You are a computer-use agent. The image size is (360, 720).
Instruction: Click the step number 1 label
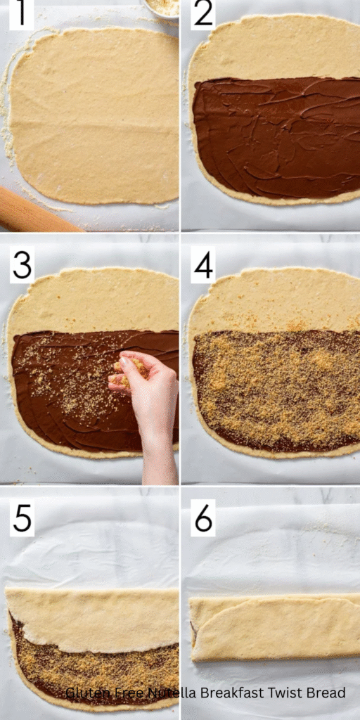[21, 15]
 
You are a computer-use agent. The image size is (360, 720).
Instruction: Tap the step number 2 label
[203, 15]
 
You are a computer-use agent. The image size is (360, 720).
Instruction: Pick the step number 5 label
[22, 519]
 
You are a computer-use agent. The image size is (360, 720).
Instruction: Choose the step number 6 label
[203, 518]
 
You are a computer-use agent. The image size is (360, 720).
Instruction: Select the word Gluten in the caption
[85, 693]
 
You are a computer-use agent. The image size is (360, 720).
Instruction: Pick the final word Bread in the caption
[325, 693]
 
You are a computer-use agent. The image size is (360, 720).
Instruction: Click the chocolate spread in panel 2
[274, 137]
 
